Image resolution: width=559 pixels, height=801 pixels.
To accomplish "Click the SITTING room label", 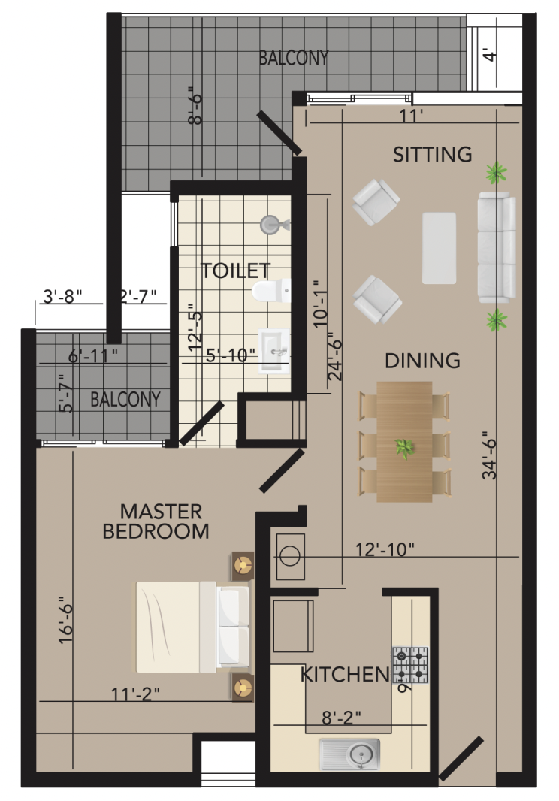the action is click(x=432, y=154).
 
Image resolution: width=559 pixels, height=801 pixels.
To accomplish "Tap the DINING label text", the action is click(x=422, y=361).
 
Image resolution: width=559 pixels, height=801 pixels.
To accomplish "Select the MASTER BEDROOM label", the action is click(x=156, y=521).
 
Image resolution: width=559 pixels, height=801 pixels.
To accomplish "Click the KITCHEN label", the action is click(x=345, y=674).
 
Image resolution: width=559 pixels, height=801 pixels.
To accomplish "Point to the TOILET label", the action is click(x=235, y=271).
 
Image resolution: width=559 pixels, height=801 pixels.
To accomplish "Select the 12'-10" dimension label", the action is click(x=384, y=550).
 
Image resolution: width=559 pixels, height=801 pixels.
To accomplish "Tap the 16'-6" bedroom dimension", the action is click(x=66, y=620).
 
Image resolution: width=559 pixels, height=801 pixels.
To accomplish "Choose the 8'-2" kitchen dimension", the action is click(x=341, y=718).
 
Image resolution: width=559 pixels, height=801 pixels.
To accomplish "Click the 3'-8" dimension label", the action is click(x=62, y=296).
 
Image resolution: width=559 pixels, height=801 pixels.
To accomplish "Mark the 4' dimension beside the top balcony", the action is click(x=490, y=55).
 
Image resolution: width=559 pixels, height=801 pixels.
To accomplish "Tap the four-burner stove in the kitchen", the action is click(x=410, y=664).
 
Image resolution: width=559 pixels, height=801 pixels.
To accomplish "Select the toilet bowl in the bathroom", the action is click(x=271, y=291).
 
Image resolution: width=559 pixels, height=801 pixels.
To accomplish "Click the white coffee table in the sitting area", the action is click(x=439, y=248).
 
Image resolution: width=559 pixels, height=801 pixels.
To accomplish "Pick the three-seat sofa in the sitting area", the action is click(x=497, y=248).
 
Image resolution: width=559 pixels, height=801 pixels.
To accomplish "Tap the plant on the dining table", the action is click(x=405, y=449).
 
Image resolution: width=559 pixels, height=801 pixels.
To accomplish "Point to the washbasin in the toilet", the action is click(x=274, y=352).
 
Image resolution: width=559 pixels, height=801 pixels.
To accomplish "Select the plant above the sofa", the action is click(x=496, y=172).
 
